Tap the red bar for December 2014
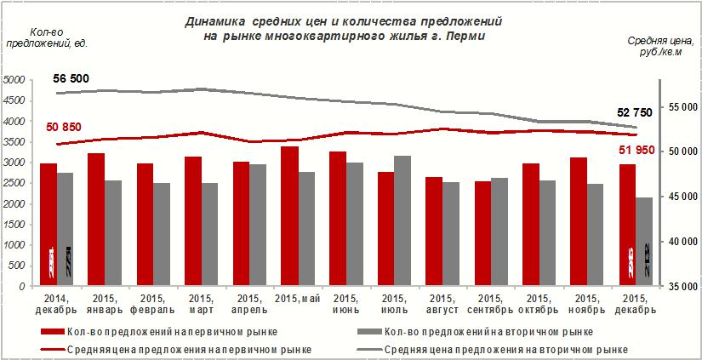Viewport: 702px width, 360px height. pos(49,225)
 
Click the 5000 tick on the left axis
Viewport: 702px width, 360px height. pos(14,80)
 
